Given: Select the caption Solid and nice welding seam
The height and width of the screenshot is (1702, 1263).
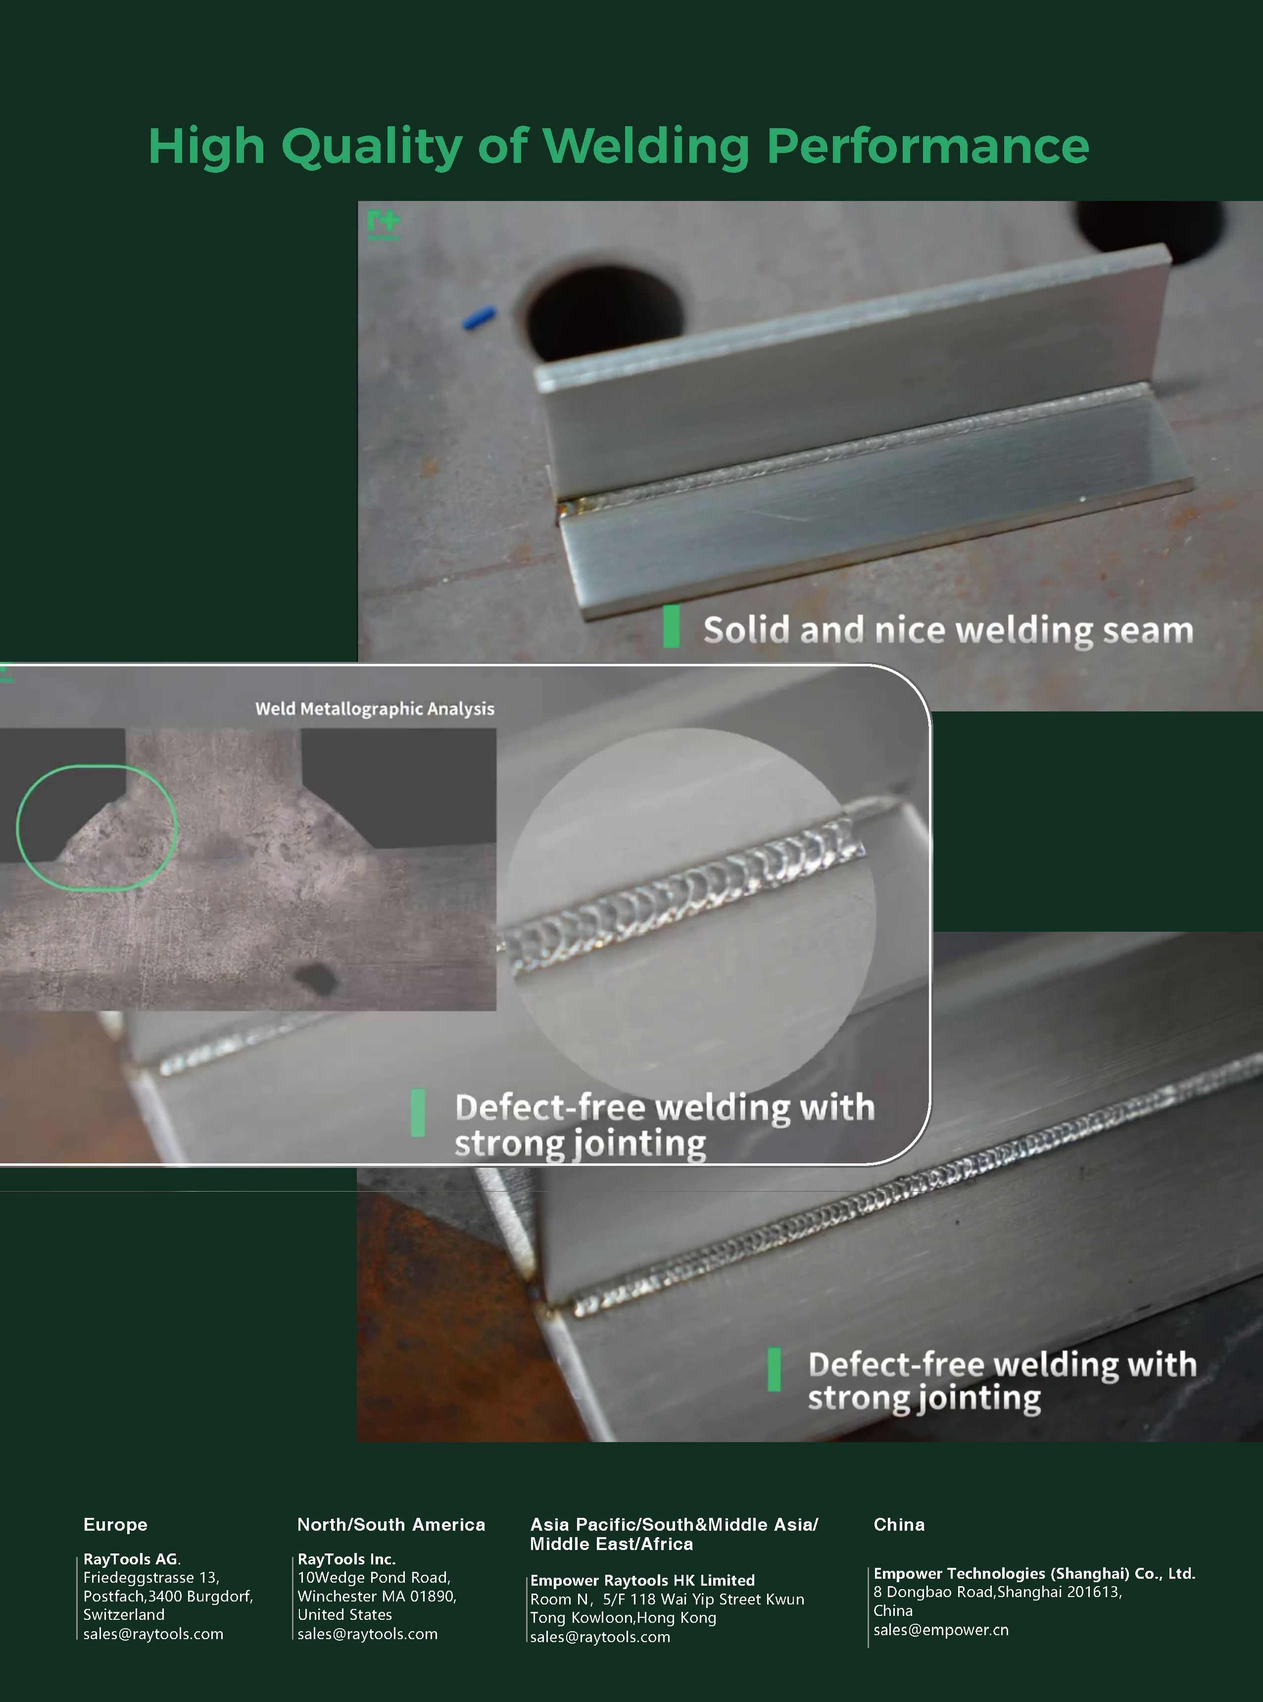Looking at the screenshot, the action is click(x=948, y=631).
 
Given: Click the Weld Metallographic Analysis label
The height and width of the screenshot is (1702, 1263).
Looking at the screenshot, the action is click(x=375, y=709).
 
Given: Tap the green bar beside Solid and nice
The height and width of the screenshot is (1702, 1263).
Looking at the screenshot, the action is click(x=671, y=626).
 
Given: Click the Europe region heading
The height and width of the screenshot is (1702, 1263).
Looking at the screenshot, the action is click(x=115, y=1525).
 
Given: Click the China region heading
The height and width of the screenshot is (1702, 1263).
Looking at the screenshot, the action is click(x=899, y=1525).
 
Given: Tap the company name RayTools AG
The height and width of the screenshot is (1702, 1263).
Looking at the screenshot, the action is click(x=132, y=1559).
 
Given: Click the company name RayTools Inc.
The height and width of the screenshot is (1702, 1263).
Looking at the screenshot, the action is click(x=346, y=1559).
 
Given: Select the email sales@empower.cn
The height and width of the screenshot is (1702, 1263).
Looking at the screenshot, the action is click(x=941, y=1630).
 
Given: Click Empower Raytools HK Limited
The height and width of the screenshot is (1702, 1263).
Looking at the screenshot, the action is click(x=642, y=1580).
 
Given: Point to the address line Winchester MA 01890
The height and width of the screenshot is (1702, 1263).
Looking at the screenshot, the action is click(x=377, y=1597).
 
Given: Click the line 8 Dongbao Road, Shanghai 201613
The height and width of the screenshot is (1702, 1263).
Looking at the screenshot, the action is click(x=998, y=1592).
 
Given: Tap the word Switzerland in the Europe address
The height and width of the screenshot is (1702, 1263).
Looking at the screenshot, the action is click(x=124, y=1615).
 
